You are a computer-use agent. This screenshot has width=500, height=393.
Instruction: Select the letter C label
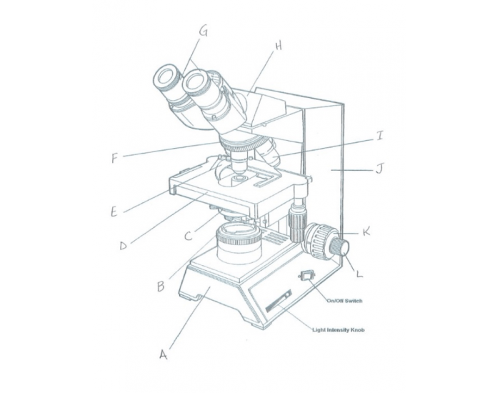coord(188,235)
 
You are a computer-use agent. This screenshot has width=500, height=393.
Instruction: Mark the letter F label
coord(115,158)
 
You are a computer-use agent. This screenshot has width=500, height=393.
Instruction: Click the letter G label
coord(204,31)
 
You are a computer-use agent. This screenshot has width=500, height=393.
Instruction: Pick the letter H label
coord(278,46)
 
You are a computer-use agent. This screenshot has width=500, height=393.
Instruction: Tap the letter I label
coord(381,136)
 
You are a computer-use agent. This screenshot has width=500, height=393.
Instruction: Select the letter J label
coord(380,169)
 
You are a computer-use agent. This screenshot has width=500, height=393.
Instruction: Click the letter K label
coord(366,231)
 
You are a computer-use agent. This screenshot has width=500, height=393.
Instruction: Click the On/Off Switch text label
coord(344,301)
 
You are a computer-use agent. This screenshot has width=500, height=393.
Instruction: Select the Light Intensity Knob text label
coord(340,329)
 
